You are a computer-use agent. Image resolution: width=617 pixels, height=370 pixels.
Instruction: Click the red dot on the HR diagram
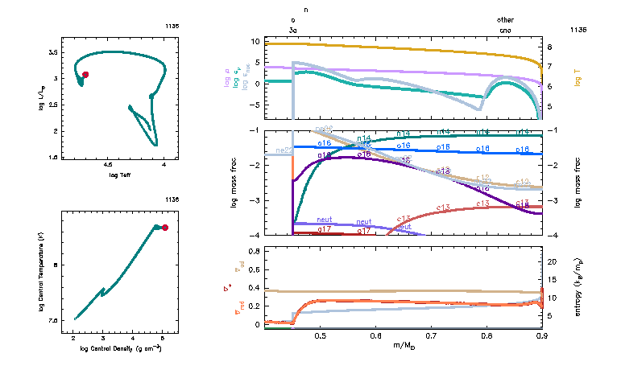coord(85,74)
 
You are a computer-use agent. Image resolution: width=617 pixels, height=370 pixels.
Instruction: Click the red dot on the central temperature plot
coord(165,228)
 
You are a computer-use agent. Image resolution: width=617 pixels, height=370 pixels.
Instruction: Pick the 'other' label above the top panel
coord(506,19)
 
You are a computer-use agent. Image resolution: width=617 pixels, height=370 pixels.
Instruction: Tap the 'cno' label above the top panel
coord(506,29)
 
